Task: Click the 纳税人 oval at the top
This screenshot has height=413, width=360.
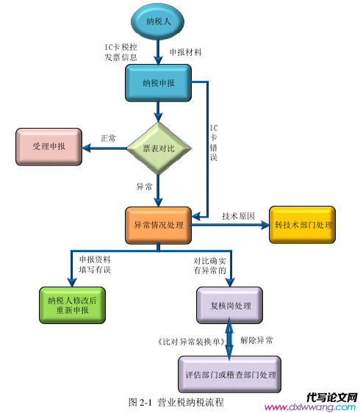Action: pos(157,21)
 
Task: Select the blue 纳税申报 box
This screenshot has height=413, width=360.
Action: pos(158,83)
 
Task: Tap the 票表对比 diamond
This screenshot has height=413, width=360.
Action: pos(159,148)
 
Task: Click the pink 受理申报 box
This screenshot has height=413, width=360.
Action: pos(48,147)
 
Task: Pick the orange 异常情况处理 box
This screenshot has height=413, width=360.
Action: pos(158,225)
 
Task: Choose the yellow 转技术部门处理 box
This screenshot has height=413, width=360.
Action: pos(302,225)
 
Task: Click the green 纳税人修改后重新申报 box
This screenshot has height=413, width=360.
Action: pos(73,305)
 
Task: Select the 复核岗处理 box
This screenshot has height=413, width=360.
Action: pos(230,306)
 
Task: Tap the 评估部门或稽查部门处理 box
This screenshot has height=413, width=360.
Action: pos(230,374)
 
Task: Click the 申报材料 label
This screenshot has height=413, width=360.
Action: pos(186,52)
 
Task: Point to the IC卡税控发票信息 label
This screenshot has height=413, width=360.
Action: pos(121,52)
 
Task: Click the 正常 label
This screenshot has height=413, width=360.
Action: pos(108,138)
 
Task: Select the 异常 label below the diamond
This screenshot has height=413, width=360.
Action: pos(144,187)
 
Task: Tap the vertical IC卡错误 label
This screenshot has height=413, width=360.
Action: pos(214,143)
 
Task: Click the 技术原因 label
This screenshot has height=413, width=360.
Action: pos(238,216)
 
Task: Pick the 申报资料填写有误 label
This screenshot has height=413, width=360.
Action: pos(95,265)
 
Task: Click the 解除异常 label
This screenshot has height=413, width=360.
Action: pos(256,340)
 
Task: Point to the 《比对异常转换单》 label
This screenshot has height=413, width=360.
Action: pos(192,342)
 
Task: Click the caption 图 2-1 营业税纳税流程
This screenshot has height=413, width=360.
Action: pos(176,402)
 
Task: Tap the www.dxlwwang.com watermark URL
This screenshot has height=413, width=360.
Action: pos(310,407)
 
